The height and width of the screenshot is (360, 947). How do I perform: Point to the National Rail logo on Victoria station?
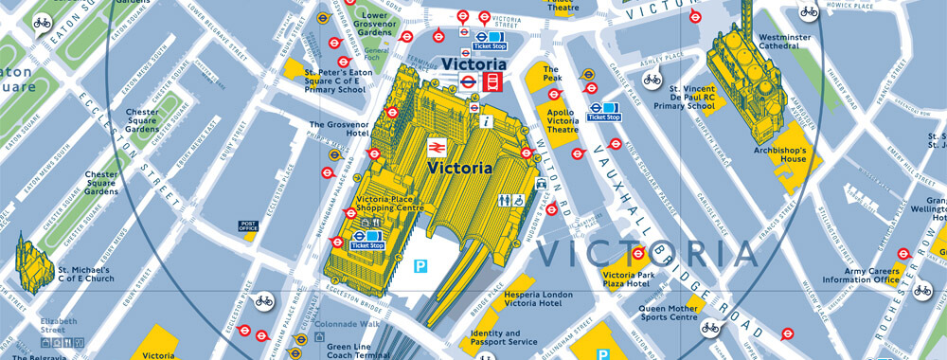(436, 148)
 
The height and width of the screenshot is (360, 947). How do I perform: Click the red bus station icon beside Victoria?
(491, 82)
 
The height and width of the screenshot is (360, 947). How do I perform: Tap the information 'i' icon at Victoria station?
(486, 121)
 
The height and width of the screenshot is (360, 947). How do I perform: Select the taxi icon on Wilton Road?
(541, 184)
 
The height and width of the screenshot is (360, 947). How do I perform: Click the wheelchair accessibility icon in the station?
(520, 200)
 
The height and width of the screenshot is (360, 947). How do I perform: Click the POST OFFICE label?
(248, 226)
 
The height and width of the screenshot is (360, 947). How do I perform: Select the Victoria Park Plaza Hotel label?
(628, 279)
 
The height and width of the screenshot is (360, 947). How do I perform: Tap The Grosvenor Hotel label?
(337, 128)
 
